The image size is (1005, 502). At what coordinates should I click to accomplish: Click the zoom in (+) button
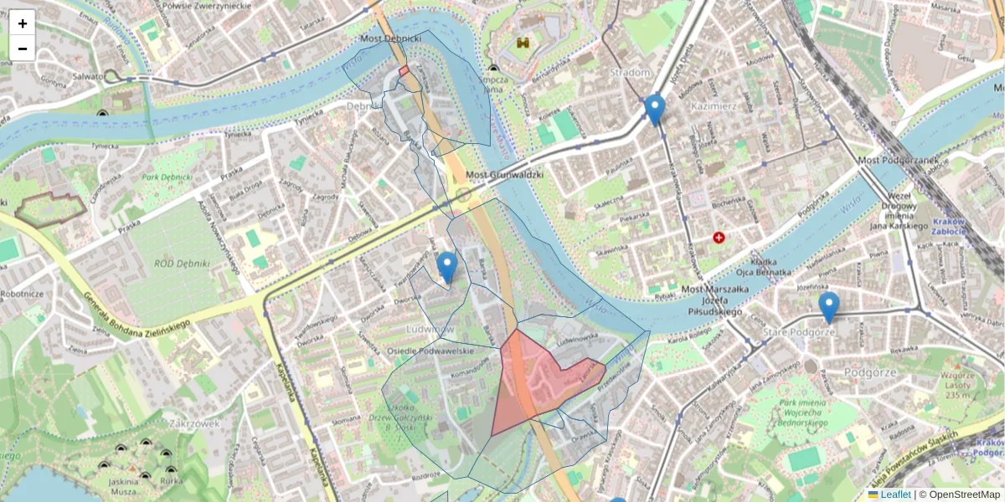pos(23,23)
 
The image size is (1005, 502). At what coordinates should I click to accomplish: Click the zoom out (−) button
pos(23,49)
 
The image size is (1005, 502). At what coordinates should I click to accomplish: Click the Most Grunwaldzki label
pos(504,175)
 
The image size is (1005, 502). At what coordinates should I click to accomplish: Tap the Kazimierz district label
pos(713,106)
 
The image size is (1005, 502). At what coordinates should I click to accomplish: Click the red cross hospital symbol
pos(719,238)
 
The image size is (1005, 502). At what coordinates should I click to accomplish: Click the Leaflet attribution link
pos(895,494)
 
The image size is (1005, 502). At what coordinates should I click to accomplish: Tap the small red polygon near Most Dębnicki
pos(404,72)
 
